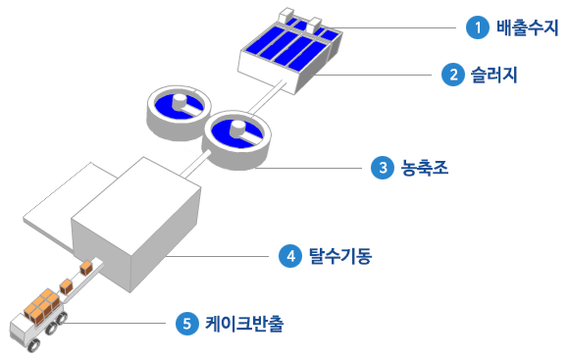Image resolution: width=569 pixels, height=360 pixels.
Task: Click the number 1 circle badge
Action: [x=478, y=27]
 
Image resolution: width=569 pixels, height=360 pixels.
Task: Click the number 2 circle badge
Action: [x=452, y=75]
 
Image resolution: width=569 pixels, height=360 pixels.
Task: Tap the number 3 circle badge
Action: [x=382, y=169]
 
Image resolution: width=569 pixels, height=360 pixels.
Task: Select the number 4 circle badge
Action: [x=288, y=257]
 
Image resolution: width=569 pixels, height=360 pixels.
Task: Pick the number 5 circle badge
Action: [x=186, y=323]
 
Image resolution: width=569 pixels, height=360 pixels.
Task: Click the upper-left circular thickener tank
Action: [x=177, y=110]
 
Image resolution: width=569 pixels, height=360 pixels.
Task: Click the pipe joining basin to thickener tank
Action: [x=268, y=98]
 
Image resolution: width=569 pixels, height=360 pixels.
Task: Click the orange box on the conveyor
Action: [x=67, y=285]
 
